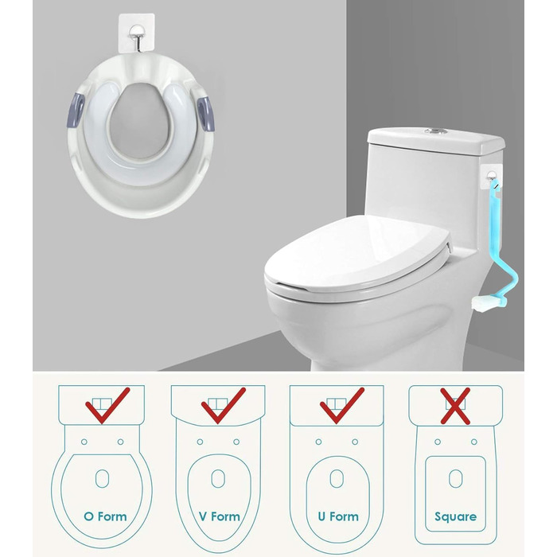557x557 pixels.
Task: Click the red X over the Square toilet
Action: point(455,406)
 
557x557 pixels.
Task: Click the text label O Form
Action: point(105,516)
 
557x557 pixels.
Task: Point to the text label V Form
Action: point(219,516)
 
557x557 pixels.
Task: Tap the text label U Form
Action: point(338,516)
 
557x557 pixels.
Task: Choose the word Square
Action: point(455,517)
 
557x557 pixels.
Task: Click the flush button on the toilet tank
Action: point(435,132)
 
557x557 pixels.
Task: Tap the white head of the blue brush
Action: point(484,304)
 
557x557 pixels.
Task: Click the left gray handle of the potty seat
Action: point(76,110)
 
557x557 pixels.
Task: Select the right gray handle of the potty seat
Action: point(206,113)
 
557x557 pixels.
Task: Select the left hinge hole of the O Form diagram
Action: point(84,442)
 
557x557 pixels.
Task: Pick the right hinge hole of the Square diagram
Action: point(474,442)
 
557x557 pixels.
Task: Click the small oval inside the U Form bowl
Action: point(337,478)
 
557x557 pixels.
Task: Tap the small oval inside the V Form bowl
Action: point(218,478)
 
